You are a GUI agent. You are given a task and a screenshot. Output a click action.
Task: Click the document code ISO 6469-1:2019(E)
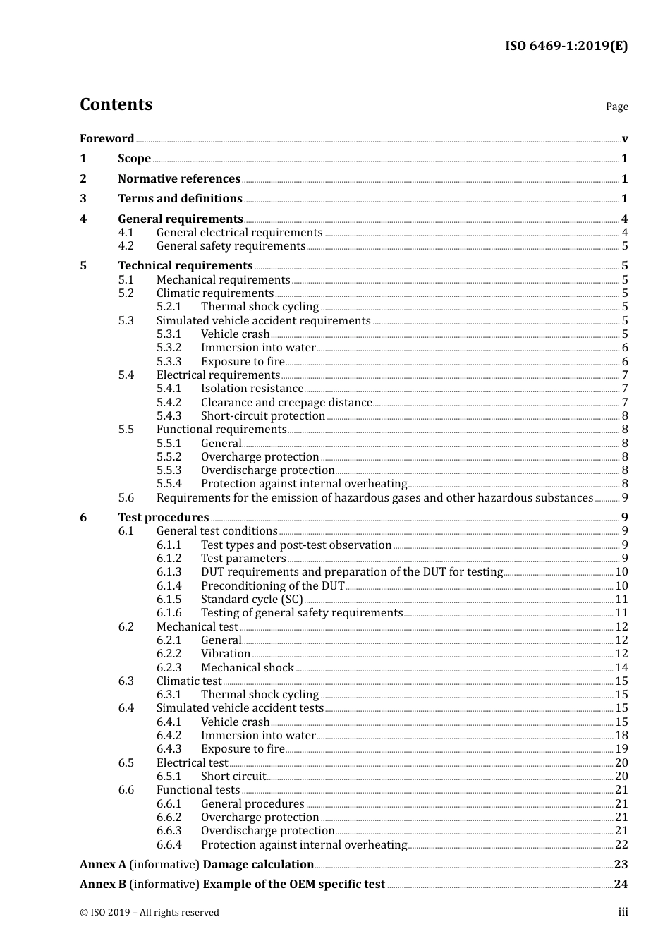click(x=566, y=46)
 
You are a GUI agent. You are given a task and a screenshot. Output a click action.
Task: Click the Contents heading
click(x=116, y=104)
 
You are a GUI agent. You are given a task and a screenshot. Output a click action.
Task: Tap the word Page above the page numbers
click(x=616, y=107)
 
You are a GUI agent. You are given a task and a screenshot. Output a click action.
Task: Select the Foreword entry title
click(x=106, y=138)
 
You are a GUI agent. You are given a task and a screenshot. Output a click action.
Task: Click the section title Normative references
click(x=179, y=178)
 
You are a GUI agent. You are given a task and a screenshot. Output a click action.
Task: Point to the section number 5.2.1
click(x=169, y=307)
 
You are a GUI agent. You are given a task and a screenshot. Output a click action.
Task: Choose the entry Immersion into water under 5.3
click(x=258, y=348)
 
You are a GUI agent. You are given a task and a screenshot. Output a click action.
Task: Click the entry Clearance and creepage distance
click(x=286, y=403)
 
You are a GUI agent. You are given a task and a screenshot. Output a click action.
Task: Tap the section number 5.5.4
click(x=169, y=484)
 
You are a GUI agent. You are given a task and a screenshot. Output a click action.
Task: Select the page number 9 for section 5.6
click(x=625, y=498)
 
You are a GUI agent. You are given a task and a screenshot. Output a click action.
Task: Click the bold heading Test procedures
click(x=164, y=518)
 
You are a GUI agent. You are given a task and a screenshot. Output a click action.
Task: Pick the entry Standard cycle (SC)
click(x=252, y=600)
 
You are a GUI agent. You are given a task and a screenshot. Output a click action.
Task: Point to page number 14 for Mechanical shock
click(x=621, y=668)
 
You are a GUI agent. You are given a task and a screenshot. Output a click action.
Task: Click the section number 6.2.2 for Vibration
click(x=169, y=654)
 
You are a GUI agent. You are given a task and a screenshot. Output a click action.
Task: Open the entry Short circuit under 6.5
click(x=233, y=777)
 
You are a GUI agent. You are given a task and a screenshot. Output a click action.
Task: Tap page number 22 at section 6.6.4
click(x=621, y=845)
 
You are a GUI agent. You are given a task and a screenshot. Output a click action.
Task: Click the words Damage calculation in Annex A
click(x=258, y=865)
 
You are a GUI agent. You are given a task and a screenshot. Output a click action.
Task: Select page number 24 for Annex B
click(x=621, y=885)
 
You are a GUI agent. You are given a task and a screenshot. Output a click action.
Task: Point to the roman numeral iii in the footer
click(x=623, y=912)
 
